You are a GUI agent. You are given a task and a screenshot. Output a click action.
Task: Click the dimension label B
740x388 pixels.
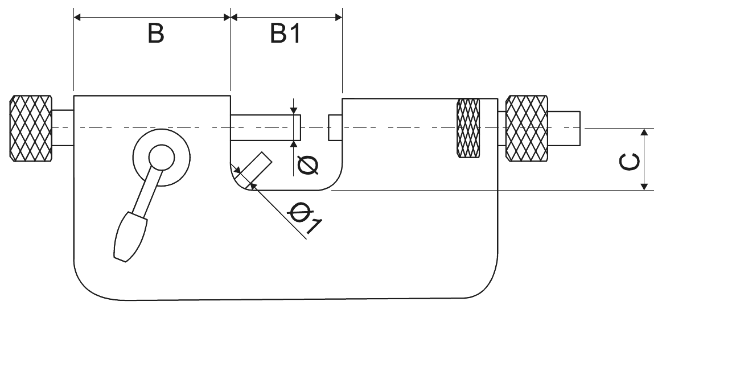[155, 34]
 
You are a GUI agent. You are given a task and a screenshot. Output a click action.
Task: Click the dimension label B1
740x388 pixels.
[285, 34]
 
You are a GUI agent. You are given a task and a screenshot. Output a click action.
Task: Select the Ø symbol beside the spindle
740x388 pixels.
[308, 164]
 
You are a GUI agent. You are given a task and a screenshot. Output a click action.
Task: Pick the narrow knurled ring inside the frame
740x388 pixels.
[468, 128]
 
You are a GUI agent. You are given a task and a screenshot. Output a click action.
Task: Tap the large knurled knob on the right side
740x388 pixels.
[527, 128]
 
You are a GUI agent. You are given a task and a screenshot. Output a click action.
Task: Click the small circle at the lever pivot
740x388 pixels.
[161, 157]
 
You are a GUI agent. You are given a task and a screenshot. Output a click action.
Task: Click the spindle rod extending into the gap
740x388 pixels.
[265, 127]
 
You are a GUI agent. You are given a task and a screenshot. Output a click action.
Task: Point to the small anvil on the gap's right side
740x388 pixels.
[335, 127]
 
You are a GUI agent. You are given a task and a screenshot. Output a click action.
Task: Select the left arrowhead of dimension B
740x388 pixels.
[79, 18]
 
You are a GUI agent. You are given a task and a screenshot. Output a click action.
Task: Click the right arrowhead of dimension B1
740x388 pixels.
[338, 18]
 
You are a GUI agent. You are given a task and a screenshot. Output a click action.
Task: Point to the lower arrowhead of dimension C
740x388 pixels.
[644, 185]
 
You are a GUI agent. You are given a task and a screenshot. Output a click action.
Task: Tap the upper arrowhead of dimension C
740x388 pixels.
[644, 133]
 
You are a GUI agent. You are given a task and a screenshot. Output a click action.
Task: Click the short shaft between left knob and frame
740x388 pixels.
[63, 127]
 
